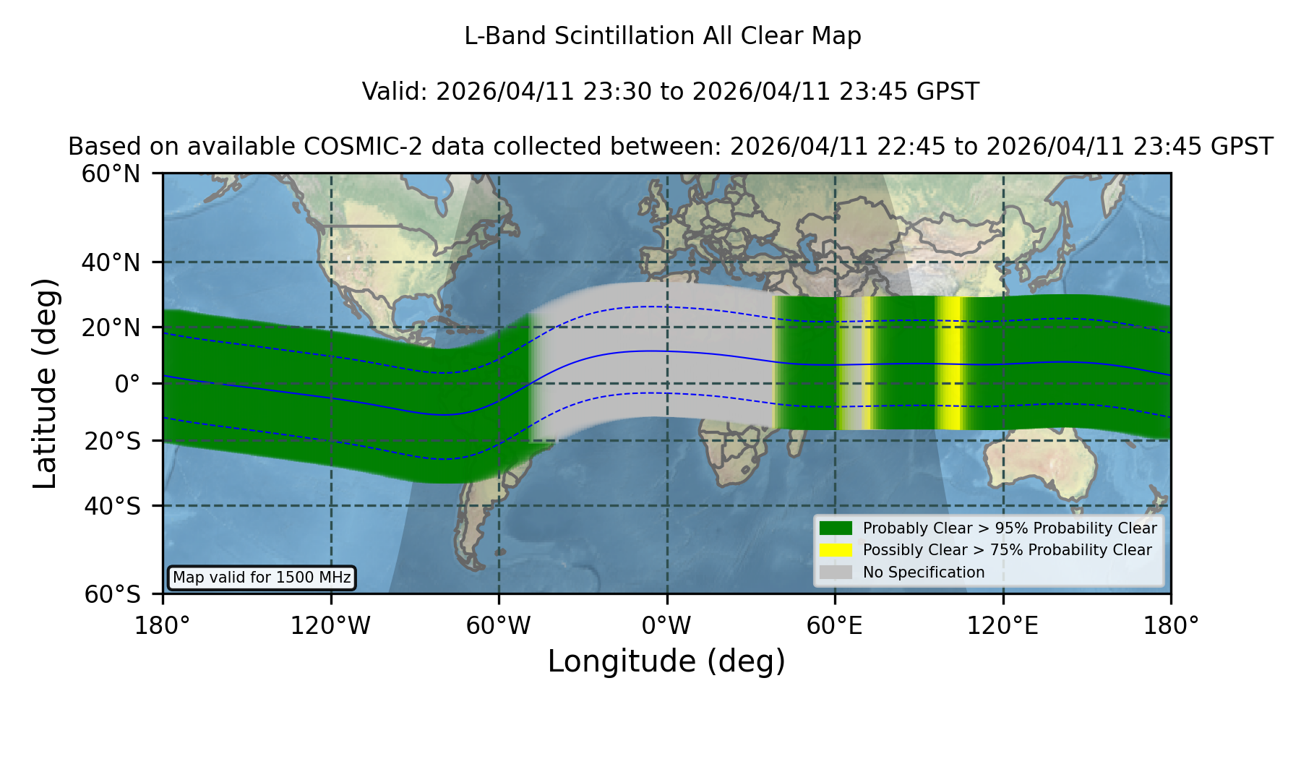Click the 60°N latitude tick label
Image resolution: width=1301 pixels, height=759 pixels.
point(111,173)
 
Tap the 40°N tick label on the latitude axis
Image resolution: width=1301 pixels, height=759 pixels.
point(111,262)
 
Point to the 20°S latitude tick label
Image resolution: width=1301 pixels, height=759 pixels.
point(112,441)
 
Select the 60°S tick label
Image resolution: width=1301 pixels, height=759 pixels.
point(112,594)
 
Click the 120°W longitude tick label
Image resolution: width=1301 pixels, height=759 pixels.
point(330,625)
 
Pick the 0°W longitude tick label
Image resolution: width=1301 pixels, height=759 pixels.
point(666,625)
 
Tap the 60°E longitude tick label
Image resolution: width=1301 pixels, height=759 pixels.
point(835,625)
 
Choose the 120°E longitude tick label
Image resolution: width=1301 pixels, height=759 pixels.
point(1002,625)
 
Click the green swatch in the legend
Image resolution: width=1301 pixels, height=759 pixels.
point(836,528)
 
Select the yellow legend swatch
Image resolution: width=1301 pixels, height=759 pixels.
point(836,549)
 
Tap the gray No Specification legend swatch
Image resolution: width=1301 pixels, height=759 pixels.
point(836,572)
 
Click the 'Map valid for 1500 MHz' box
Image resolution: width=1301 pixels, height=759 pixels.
point(262,578)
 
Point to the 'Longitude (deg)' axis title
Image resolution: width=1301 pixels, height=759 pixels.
point(666,661)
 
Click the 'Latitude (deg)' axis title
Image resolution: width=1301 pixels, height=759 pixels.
point(45,383)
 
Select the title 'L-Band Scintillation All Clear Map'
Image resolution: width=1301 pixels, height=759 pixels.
point(663,35)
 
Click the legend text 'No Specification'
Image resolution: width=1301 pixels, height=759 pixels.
point(924,573)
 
